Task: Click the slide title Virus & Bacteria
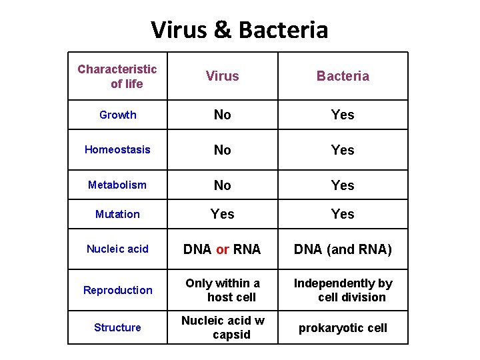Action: (239, 30)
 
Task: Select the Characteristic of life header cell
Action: (117, 76)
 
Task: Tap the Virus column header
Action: (222, 76)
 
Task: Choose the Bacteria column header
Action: (343, 76)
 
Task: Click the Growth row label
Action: (117, 115)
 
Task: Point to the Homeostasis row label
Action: (117, 149)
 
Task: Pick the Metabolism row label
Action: (117, 185)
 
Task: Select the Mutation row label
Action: (117, 214)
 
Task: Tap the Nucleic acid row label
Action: (117, 249)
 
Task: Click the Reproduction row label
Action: (117, 290)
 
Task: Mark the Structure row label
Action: (117, 327)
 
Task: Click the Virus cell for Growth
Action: (222, 115)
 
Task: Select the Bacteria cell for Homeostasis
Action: (343, 150)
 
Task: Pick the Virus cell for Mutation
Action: (222, 214)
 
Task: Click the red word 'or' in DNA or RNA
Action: (223, 249)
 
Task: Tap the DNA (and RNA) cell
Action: (343, 249)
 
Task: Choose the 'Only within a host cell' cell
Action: (223, 290)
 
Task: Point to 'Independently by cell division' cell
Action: (343, 290)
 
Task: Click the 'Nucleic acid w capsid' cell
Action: (223, 327)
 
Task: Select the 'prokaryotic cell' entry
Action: (343, 328)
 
